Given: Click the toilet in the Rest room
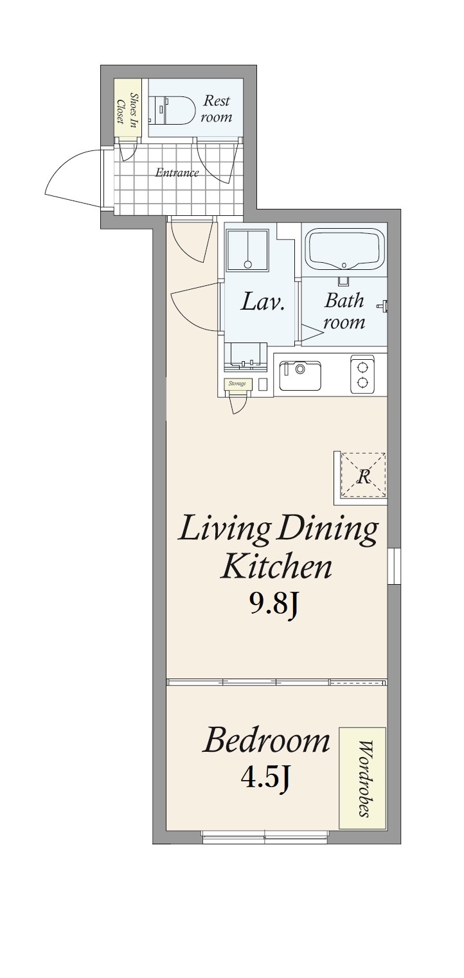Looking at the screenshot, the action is pos(172,110).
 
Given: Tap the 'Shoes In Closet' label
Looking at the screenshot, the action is pos(127,109).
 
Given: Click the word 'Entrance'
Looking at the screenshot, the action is pos(177,172).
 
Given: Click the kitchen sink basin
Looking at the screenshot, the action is pos(300,375).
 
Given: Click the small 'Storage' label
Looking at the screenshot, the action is pos(237,384).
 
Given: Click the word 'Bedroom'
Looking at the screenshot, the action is pos(266,740).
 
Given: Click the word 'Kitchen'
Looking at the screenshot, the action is pos(276,567).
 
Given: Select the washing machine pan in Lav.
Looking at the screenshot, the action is pos(247,251).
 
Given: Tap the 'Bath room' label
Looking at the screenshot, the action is pos(344,311).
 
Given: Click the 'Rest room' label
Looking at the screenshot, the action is pos(217,109).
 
